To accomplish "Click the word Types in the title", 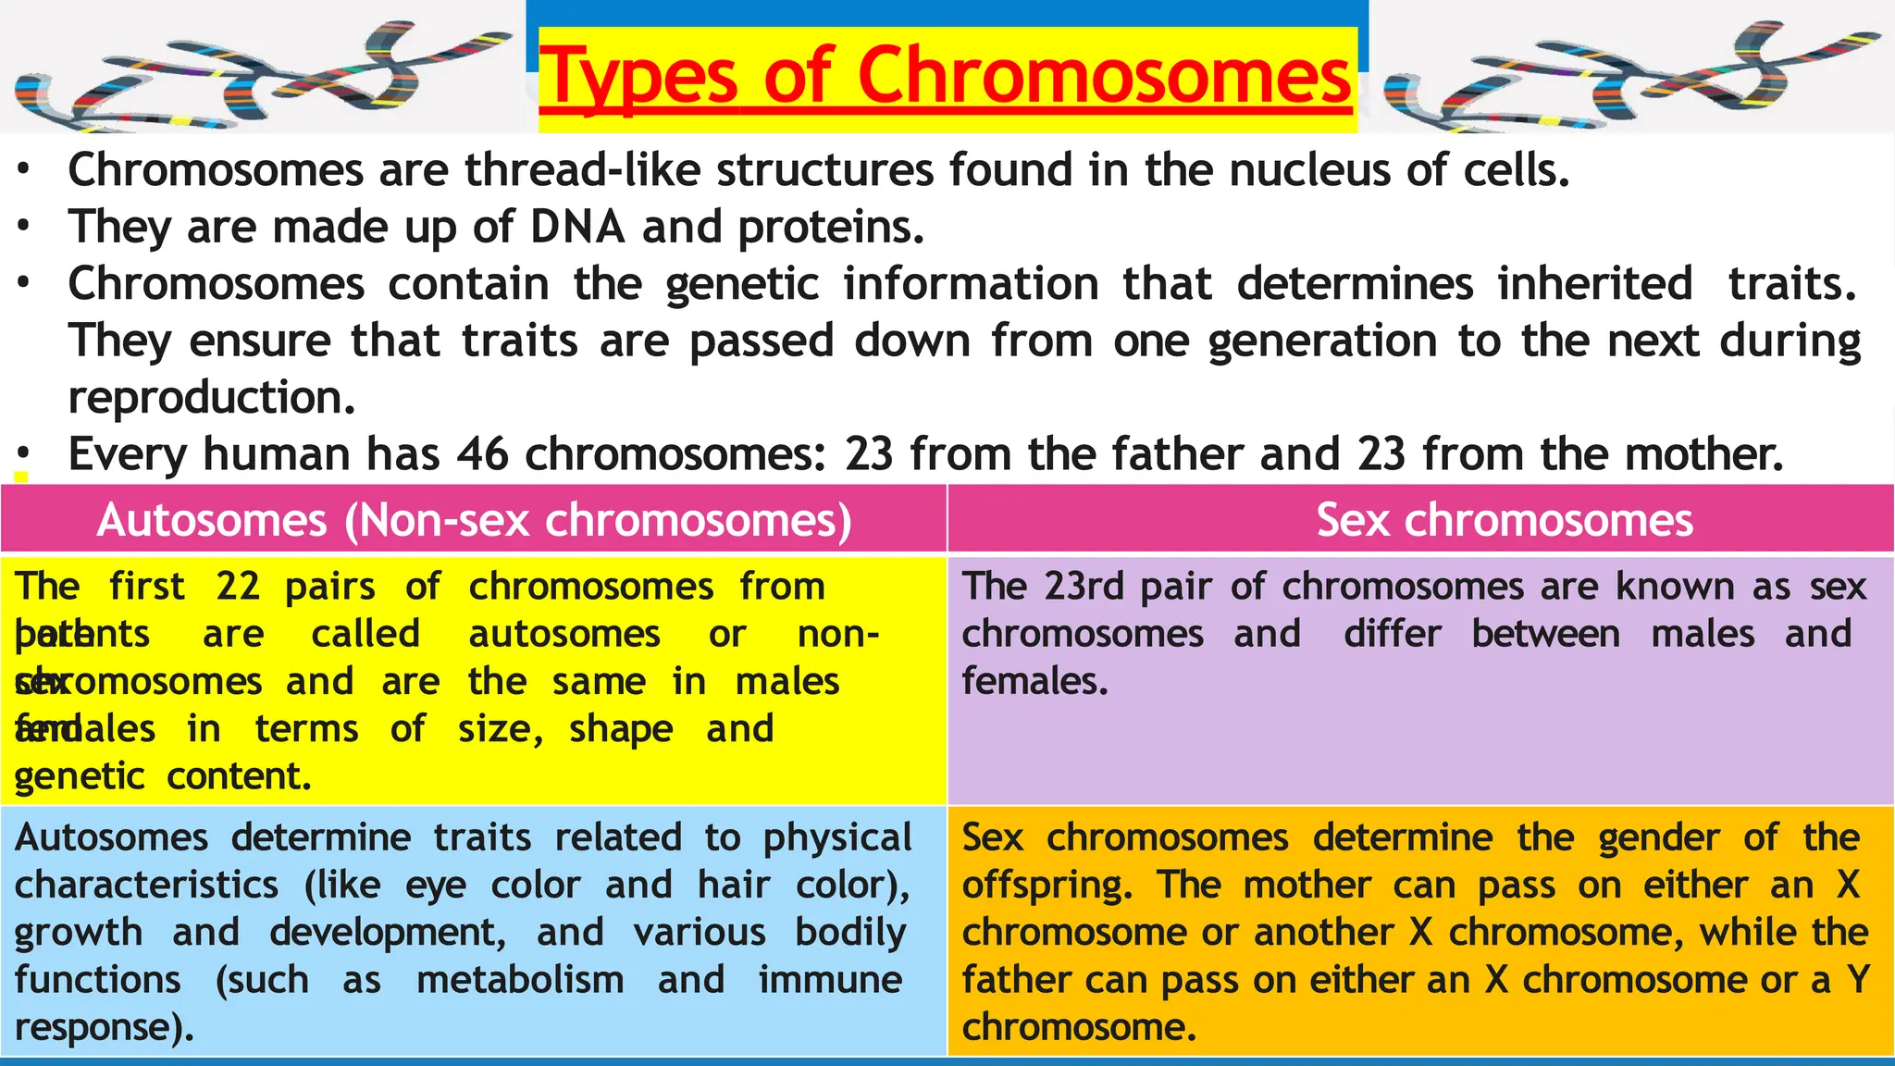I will coord(638,76).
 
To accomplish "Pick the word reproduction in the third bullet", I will coord(211,398).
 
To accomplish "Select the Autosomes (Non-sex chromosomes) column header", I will coord(474,520).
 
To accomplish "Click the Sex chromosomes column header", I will coord(1505,520).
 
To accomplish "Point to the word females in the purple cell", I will coord(1034,682).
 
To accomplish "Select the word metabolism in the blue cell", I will coord(520,980).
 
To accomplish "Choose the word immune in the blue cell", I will coord(830,980).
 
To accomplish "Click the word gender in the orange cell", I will coord(1658,838).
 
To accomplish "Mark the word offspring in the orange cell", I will coord(1047,886).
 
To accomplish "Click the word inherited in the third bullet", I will coord(1595,284).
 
